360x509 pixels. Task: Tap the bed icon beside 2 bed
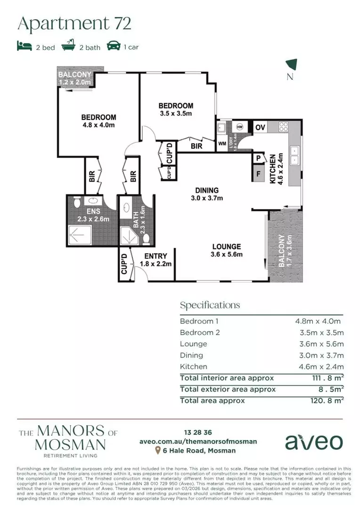[24, 46]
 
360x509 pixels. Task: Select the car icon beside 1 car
[114, 46]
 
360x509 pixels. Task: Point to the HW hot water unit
[240, 127]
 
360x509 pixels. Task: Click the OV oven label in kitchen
[260, 127]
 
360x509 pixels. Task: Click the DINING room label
[207, 190]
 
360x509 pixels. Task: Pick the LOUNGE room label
[227, 246]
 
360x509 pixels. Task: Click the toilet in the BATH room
[146, 239]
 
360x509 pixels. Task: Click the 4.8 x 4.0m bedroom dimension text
[98, 125]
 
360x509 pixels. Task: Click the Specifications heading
[210, 305]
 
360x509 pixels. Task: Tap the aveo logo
[313, 442]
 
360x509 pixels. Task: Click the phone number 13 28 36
[198, 432]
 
